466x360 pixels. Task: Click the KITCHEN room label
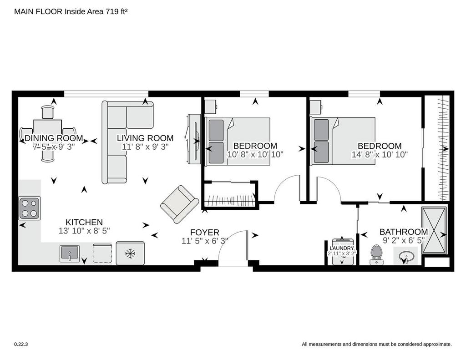(84, 222)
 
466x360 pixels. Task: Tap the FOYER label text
(204, 233)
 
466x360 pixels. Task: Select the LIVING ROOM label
(145, 138)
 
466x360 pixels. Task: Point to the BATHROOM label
(404, 232)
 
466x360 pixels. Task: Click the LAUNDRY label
(342, 248)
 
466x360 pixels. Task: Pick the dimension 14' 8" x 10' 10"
(380, 155)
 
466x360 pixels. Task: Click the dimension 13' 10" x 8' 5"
(84, 231)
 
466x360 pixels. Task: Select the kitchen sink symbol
(70, 254)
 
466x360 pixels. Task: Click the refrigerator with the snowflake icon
(130, 253)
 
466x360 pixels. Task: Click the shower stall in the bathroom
(434, 230)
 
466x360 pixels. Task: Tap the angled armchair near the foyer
(179, 204)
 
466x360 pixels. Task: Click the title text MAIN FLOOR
(38, 11)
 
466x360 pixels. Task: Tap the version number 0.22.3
(21, 344)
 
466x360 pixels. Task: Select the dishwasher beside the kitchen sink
(102, 254)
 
